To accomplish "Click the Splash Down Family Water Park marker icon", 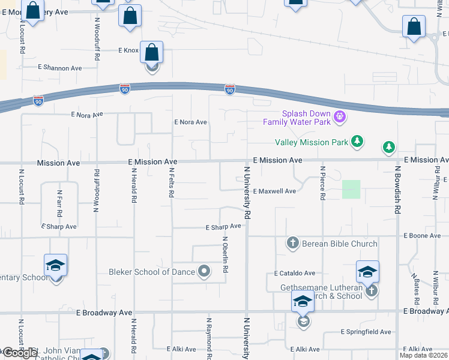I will click(339, 116).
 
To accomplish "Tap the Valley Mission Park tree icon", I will click(358, 142).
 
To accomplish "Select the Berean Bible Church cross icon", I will click(292, 243).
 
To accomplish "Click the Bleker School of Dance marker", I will click(204, 271).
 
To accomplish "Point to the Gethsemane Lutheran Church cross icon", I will click(372, 291).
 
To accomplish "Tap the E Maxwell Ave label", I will click(274, 191).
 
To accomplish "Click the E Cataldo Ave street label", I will click(295, 273).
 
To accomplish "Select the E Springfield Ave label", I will click(366, 332).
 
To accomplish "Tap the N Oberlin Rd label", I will click(226, 255).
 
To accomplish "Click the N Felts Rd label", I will click(172, 183).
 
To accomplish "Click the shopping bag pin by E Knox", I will click(152, 52).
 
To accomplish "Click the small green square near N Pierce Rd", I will click(351, 190).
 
